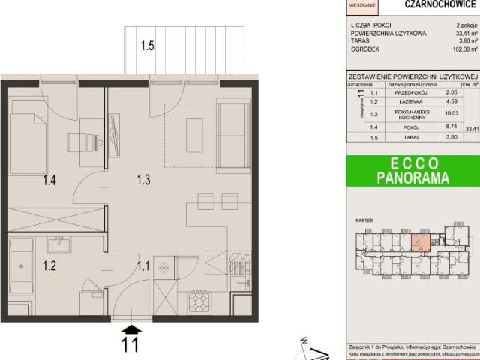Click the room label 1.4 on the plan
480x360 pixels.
[49, 179]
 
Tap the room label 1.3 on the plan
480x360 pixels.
[144, 179]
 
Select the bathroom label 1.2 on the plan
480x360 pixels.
[49, 265]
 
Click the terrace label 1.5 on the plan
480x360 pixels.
[146, 46]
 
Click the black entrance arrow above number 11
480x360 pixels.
[130, 328]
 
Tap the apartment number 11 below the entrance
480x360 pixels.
[130, 346]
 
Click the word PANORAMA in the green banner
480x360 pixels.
[412, 178]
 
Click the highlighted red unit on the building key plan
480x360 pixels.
[422, 242]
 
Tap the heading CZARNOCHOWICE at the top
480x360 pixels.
[430, 4]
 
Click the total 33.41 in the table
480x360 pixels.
[472, 128]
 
